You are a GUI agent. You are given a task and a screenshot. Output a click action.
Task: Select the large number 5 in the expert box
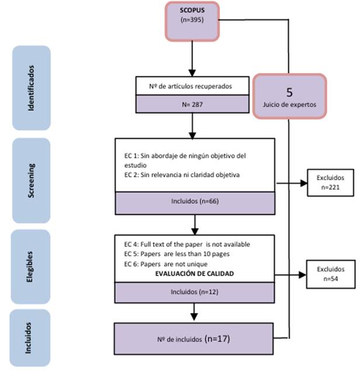(289, 92)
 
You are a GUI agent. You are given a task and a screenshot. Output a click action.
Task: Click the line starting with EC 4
(192, 244)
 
